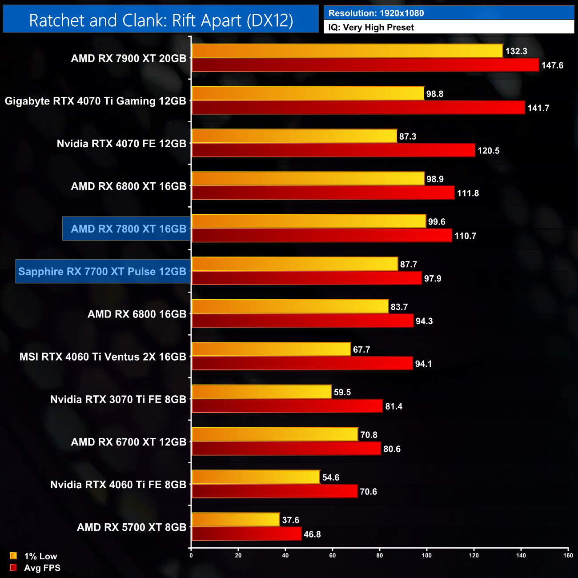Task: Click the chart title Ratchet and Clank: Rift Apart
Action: [161, 20]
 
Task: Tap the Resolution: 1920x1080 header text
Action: [376, 13]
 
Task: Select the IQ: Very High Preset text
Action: [371, 28]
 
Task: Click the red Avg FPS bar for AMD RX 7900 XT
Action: [365, 65]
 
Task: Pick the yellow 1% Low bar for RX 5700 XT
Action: [236, 520]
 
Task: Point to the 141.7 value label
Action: [538, 108]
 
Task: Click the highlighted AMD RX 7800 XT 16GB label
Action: [128, 229]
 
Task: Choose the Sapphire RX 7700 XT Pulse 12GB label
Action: [102, 272]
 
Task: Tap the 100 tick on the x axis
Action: [427, 555]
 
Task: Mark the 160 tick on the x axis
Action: [568, 555]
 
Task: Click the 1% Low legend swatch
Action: [13, 556]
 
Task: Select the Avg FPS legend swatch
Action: [13, 567]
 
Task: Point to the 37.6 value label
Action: [290, 520]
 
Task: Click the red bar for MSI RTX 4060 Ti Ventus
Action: [302, 364]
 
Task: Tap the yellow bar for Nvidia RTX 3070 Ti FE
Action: [261, 392]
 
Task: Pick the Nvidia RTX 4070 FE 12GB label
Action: [121, 144]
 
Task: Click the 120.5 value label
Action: [488, 151]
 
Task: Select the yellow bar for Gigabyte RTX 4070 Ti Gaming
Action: [308, 93]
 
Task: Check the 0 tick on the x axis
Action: [191, 555]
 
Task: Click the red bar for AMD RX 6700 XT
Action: [286, 449]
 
